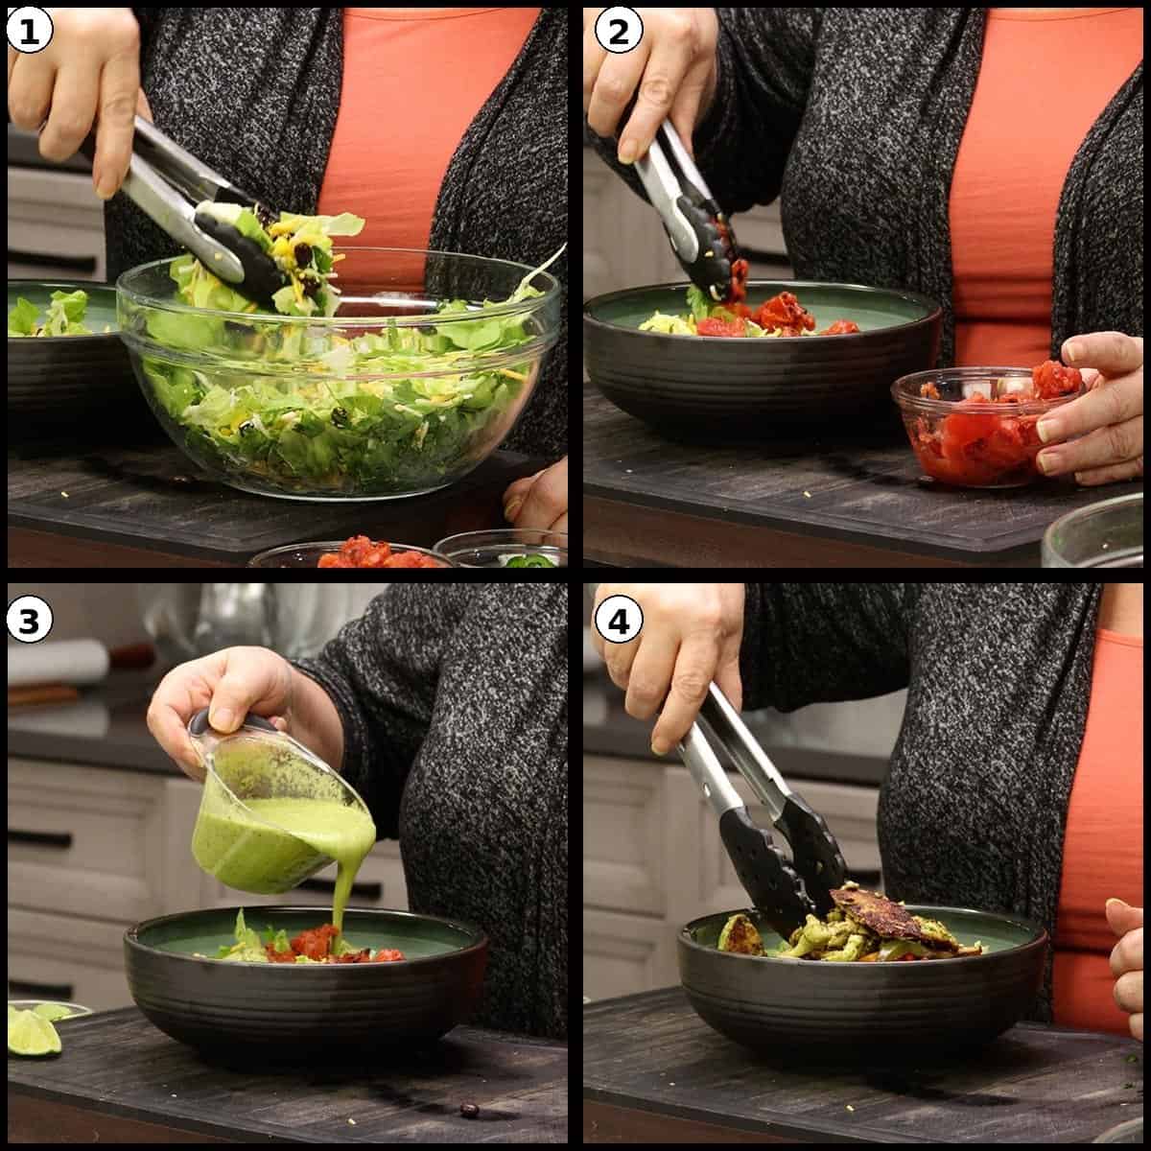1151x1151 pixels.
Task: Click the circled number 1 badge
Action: (28, 32)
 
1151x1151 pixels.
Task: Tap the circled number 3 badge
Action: (28, 621)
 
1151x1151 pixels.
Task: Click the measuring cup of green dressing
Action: (278, 825)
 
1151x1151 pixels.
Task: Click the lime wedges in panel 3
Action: (34, 1026)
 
